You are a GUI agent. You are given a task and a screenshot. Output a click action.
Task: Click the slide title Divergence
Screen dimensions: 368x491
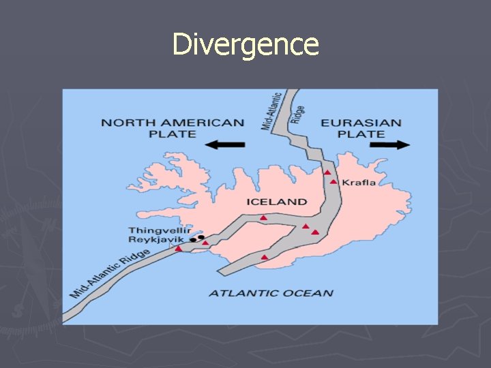245,44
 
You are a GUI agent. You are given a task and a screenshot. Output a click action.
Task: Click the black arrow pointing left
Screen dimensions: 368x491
224,144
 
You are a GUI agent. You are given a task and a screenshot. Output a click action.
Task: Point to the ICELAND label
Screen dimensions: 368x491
276,202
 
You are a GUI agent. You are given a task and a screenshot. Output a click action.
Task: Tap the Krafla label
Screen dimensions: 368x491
358,183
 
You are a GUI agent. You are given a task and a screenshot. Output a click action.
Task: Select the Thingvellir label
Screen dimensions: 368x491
158,230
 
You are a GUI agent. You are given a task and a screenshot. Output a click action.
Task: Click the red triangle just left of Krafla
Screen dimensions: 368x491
333,182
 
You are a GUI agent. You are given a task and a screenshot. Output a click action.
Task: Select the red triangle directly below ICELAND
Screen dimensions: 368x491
263,217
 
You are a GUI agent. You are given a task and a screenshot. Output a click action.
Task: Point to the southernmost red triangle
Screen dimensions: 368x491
265,257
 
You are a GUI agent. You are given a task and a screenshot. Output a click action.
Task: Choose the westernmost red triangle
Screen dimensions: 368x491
179,249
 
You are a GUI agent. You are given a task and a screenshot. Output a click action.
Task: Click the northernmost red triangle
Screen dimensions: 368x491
327,172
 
